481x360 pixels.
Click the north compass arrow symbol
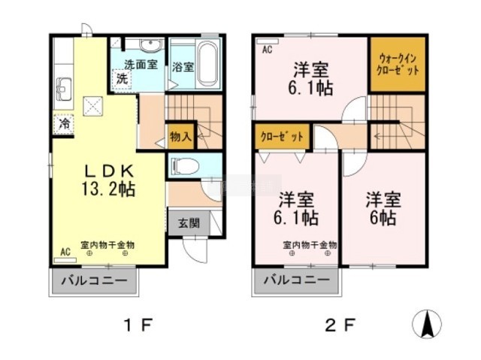point(427,324)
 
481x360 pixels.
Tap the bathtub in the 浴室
point(207,65)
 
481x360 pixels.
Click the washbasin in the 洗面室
point(150,46)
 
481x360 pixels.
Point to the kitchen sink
point(63,89)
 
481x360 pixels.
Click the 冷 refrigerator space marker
point(64,123)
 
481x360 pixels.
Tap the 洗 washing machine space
point(122,79)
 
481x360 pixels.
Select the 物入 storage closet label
point(180,137)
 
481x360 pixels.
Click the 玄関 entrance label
point(189,223)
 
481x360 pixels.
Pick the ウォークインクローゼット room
point(398,64)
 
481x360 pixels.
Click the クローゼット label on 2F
point(282,137)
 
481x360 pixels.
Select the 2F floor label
point(340,325)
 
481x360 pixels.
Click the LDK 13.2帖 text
point(108,180)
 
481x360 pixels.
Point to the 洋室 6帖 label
point(383,209)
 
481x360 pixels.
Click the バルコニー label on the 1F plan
point(95,280)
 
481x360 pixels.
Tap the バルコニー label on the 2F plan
point(297,280)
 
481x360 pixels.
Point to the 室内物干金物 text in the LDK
point(107,245)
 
